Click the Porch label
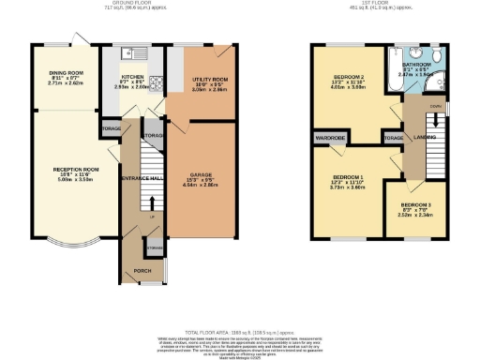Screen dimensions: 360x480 pyautogui.click(x=143, y=271)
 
